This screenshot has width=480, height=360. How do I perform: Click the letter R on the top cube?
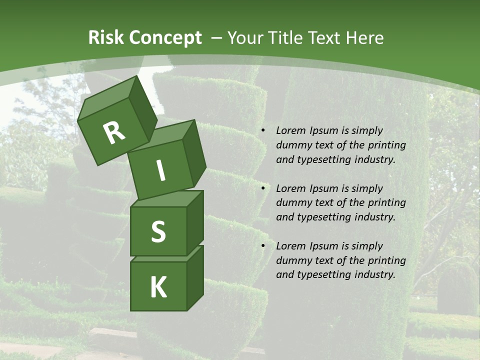click(x=114, y=132)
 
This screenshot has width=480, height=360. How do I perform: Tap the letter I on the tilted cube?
click(x=160, y=170)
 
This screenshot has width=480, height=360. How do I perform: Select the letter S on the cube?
click(x=158, y=232)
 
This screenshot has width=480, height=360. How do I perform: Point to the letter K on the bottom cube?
click(x=158, y=287)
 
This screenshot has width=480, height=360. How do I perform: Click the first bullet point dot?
click(x=262, y=131)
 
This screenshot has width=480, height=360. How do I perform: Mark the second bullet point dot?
click(x=262, y=189)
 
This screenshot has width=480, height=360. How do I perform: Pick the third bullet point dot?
click(x=262, y=246)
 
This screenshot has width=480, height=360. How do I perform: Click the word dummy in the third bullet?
click(x=293, y=260)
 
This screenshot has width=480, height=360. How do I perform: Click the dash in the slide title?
click(x=217, y=38)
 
